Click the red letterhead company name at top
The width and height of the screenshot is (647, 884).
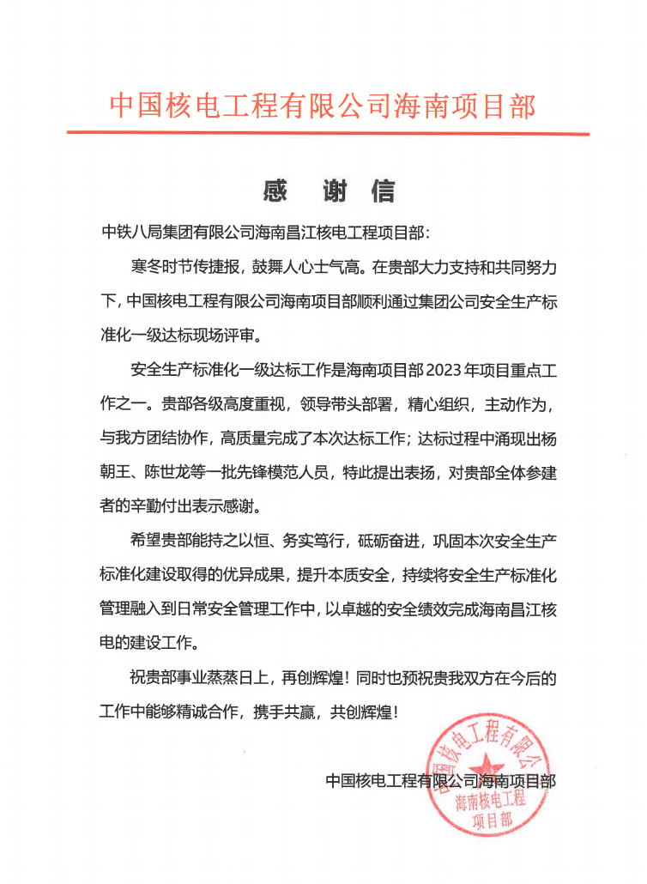click(323, 106)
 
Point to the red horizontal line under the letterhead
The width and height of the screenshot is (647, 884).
click(328, 133)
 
